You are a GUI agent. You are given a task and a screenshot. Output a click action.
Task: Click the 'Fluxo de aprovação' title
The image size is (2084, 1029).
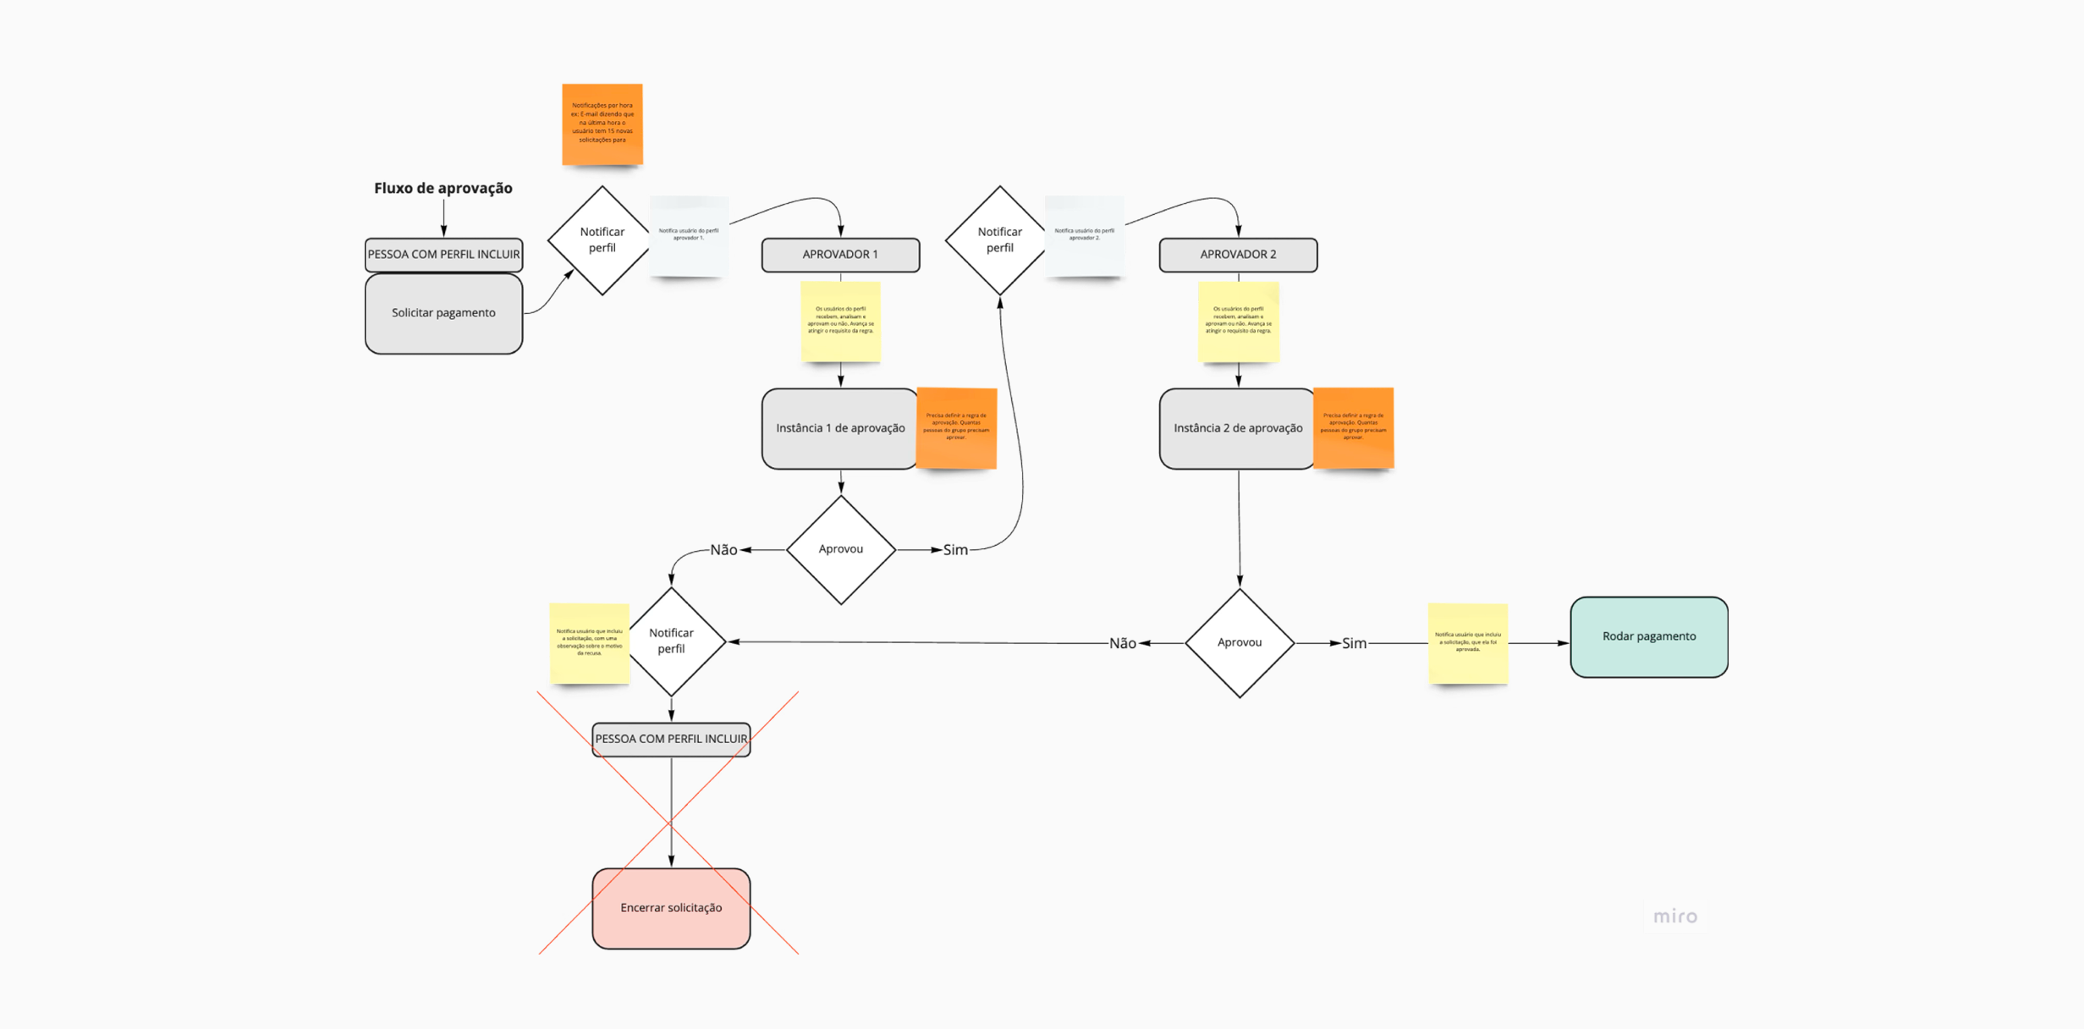pyautogui.click(x=443, y=188)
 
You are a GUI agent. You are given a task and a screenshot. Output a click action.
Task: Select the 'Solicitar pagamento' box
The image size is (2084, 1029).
pyautogui.click(x=443, y=313)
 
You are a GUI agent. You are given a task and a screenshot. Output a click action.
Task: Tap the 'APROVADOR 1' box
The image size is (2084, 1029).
pyautogui.click(x=840, y=255)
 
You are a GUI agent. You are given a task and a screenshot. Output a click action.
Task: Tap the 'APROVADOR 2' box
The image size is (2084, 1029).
pyautogui.click(x=1238, y=255)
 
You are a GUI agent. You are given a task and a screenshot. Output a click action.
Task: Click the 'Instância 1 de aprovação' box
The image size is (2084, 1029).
pyautogui.click(x=839, y=428)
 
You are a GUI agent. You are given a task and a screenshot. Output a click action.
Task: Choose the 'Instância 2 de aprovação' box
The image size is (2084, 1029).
pyautogui.click(x=1237, y=428)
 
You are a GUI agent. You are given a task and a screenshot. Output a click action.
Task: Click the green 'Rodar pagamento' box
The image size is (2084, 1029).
pyautogui.click(x=1648, y=636)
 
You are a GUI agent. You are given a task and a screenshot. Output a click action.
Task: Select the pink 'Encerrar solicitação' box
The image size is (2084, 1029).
pyautogui.click(x=671, y=908)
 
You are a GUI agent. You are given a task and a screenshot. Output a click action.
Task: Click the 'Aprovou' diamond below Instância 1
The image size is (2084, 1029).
pyautogui.click(x=841, y=550)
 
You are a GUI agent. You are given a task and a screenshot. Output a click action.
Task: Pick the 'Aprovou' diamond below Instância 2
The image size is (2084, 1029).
pyautogui.click(x=1240, y=643)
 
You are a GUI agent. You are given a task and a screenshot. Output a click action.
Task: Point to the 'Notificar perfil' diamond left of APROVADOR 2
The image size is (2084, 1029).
pyautogui.click(x=999, y=240)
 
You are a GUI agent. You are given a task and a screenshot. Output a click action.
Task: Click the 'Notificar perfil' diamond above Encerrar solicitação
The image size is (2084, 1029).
pyautogui.click(x=672, y=641)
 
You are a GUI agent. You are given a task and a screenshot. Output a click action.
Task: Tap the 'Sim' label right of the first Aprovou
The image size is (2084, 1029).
pyautogui.click(x=955, y=550)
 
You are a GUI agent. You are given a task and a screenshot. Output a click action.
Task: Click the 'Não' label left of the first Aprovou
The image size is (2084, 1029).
pyautogui.click(x=723, y=550)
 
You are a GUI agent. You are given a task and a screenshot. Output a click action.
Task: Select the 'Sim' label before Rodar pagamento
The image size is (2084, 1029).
pyautogui.click(x=1354, y=643)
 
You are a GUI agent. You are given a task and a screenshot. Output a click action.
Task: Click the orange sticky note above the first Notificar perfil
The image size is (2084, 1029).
pyautogui.click(x=602, y=124)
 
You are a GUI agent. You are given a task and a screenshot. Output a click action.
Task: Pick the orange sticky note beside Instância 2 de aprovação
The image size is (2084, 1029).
pyautogui.click(x=1353, y=427)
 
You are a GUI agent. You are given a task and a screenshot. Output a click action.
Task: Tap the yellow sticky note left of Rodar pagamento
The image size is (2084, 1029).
pyautogui.click(x=1468, y=643)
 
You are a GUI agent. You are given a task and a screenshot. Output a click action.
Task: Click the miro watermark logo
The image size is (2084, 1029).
pyautogui.click(x=1675, y=916)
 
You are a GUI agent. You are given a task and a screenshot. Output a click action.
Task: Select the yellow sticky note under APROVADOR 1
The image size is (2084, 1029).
pyautogui.click(x=840, y=322)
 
